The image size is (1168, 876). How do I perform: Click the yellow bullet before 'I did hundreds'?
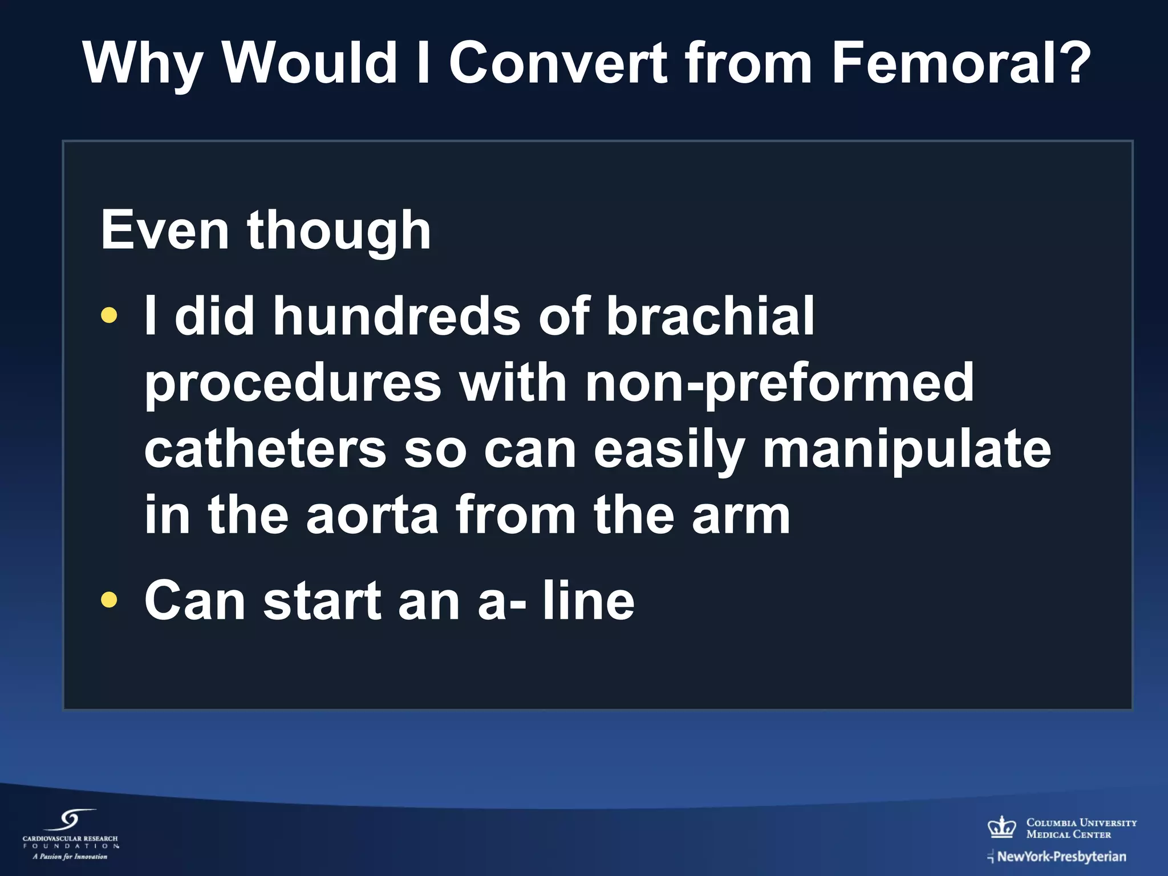[x=108, y=315]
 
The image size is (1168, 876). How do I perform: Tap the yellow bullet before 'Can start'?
[x=108, y=599]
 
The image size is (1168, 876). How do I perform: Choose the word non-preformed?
[x=780, y=383]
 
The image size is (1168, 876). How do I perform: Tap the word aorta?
[x=372, y=515]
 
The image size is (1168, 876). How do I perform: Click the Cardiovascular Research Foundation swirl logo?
[x=71, y=821]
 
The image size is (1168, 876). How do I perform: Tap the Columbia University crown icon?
[x=1001, y=827]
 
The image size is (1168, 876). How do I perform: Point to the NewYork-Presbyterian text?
[x=1061, y=857]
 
